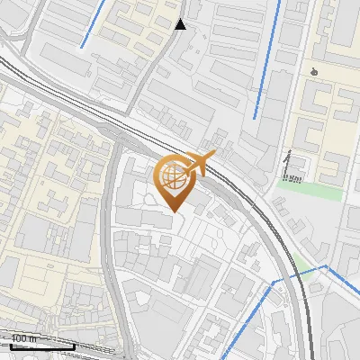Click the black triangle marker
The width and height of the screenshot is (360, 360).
point(181,24)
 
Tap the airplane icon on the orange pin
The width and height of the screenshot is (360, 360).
point(200,165)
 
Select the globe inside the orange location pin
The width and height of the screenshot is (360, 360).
point(173,176)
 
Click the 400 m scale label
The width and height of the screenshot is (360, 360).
point(24,338)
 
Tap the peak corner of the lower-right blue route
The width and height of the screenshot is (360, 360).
point(325,267)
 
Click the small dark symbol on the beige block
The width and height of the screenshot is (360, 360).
point(313,72)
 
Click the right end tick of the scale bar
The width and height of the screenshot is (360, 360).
point(74,346)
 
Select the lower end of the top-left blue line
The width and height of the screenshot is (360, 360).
point(82,47)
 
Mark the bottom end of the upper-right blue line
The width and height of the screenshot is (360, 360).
point(255,117)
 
